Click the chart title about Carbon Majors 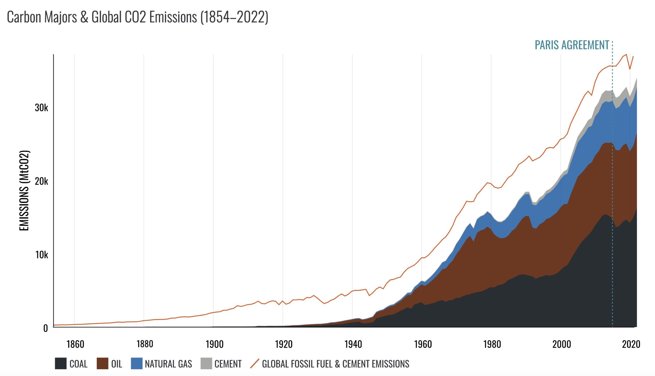click(x=137, y=18)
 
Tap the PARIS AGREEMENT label click(x=572, y=45)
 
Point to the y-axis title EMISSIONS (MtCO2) click(x=25, y=190)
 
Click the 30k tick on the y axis click(x=41, y=108)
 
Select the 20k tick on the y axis click(x=41, y=182)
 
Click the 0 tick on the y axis click(x=46, y=328)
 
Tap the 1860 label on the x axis click(x=75, y=344)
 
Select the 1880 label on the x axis click(x=145, y=344)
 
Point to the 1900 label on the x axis click(x=214, y=344)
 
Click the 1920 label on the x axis click(x=284, y=344)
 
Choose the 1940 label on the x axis click(x=353, y=344)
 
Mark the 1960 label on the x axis click(x=423, y=344)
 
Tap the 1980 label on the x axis click(x=492, y=344)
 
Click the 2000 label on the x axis click(x=562, y=344)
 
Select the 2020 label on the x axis click(x=631, y=344)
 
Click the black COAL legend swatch click(x=60, y=364)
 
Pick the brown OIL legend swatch click(x=102, y=364)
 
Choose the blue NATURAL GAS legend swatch click(x=137, y=364)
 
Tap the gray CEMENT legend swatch click(x=206, y=364)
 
